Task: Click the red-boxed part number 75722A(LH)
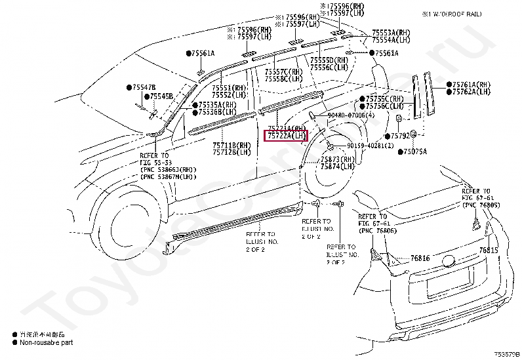point(285,136)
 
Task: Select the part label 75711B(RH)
point(231,144)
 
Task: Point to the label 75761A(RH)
point(471,84)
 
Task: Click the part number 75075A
point(414,151)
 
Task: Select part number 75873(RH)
point(338,159)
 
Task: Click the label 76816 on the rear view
point(420,258)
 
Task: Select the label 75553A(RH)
point(392,32)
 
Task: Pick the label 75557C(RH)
point(284,71)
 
